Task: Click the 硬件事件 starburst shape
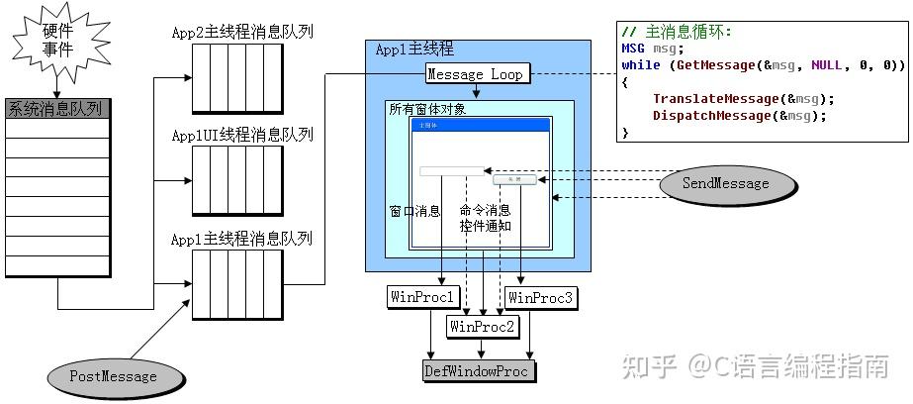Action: click(x=57, y=41)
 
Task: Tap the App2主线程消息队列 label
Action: click(x=242, y=32)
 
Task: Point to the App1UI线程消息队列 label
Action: click(x=242, y=135)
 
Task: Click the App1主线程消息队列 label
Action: click(x=242, y=239)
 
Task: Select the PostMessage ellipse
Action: click(x=115, y=376)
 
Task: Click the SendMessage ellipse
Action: click(x=725, y=183)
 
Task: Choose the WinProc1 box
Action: click(x=421, y=297)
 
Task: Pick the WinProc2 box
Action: click(x=483, y=325)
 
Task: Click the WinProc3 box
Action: click(x=539, y=297)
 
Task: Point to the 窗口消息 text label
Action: click(x=415, y=211)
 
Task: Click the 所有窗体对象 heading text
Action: click(x=427, y=109)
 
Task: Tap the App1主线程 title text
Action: click(x=415, y=50)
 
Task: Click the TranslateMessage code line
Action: click(x=743, y=99)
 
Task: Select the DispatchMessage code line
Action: click(x=739, y=116)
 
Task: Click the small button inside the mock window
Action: click(x=514, y=179)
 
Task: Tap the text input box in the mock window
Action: click(x=452, y=171)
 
